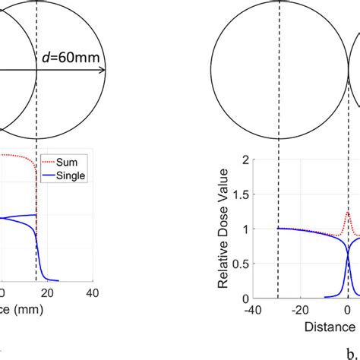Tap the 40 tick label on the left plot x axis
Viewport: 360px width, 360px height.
coord(92,293)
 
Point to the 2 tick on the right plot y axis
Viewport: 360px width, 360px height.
coord(245,159)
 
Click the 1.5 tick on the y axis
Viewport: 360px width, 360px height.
coord(242,194)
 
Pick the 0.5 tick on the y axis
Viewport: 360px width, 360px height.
coord(242,264)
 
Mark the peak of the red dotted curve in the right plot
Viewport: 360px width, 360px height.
coord(348,213)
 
